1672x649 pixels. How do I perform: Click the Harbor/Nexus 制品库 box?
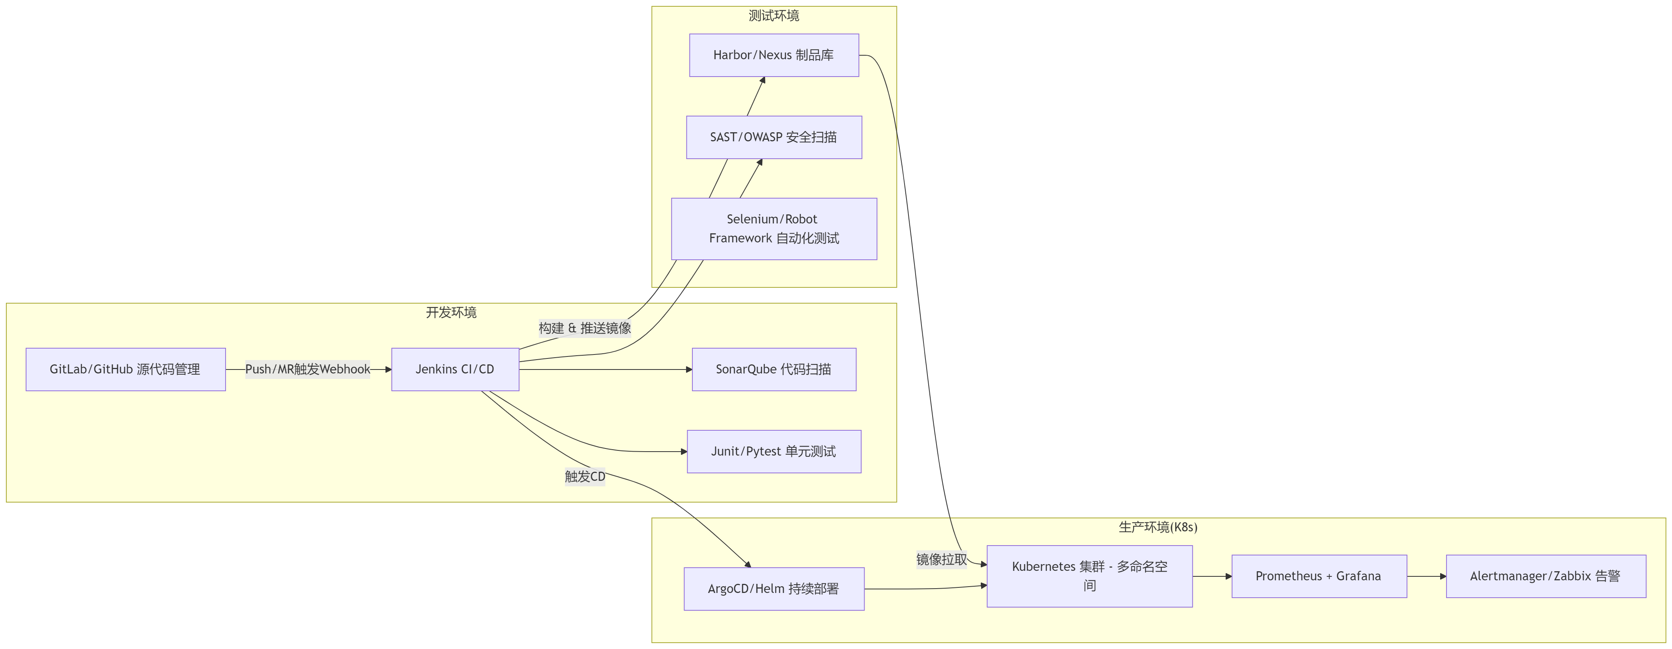pos(774,55)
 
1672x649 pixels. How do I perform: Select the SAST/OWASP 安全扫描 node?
pos(774,137)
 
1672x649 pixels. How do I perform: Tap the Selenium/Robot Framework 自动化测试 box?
pos(774,229)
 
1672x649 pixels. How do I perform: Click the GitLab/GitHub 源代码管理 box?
pos(125,369)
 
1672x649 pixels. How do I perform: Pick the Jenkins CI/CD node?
pos(455,369)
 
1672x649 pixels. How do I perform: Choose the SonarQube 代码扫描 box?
pos(774,369)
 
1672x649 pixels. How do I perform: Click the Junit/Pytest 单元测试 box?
pos(774,451)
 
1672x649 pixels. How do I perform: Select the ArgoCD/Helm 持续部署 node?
pos(774,589)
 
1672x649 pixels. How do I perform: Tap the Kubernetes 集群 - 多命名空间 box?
pos(1089,576)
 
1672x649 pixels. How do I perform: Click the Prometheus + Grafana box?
pos(1319,576)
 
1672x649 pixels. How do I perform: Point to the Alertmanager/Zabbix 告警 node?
pos(1546,576)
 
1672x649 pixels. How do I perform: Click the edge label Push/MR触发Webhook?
pos(307,369)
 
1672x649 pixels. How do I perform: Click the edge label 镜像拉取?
pos(941,559)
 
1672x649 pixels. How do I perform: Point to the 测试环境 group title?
pos(774,15)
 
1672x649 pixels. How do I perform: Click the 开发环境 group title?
pos(451,312)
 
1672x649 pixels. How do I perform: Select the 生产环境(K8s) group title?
pos(1158,527)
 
